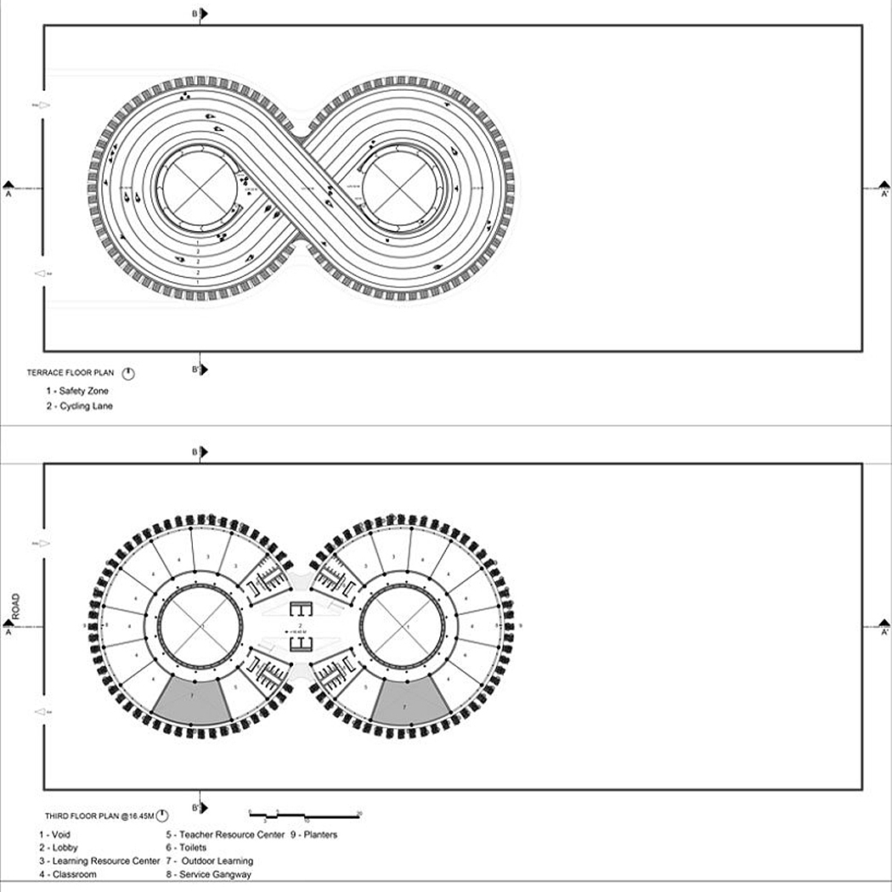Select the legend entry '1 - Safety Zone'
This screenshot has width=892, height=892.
pos(77,391)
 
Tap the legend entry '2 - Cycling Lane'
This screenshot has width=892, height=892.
pos(79,406)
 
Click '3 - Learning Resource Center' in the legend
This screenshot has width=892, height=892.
pos(99,861)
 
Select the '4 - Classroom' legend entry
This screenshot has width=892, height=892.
pos(67,874)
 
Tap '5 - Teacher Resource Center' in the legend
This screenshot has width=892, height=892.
pos(225,834)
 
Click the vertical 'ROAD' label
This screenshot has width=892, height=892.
pos(15,607)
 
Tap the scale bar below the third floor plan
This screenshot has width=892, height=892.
pos(306,814)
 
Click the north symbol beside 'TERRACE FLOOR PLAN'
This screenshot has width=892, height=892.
pos(128,373)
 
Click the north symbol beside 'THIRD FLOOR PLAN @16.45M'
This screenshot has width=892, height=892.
pos(162,816)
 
